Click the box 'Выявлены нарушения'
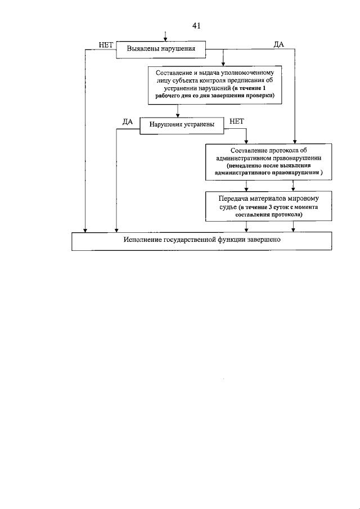pyautogui.click(x=161, y=49)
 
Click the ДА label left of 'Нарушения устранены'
pyautogui.click(x=127, y=120)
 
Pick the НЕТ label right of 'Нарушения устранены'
pyautogui.click(x=237, y=120)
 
